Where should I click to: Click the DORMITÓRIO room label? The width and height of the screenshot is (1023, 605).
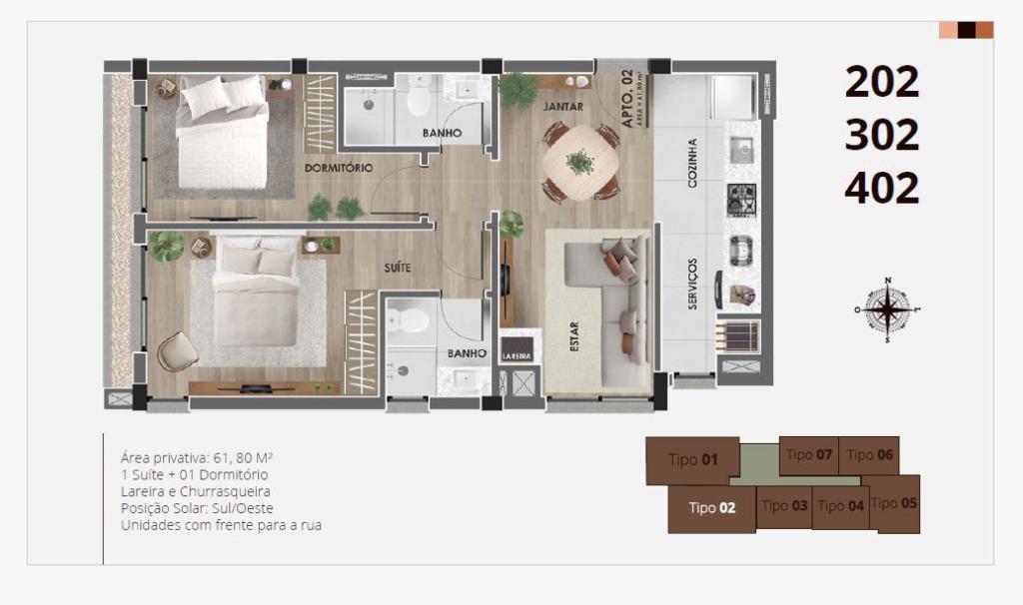(x=339, y=168)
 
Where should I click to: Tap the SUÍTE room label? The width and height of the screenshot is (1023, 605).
(x=398, y=268)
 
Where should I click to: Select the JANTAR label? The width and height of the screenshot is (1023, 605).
(x=563, y=106)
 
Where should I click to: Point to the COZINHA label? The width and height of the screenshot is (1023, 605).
(x=692, y=163)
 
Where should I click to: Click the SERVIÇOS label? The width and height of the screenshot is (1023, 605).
(x=692, y=284)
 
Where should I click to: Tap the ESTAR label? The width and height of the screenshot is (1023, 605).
(x=574, y=337)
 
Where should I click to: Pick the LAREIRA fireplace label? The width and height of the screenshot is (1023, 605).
(x=516, y=354)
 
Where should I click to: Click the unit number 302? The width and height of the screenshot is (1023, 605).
(x=881, y=135)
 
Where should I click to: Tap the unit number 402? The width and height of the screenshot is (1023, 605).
(x=881, y=188)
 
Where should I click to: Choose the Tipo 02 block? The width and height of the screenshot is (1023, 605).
(x=711, y=508)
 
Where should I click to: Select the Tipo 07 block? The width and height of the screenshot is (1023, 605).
(x=808, y=455)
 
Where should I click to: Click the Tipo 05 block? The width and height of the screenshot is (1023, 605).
(x=894, y=503)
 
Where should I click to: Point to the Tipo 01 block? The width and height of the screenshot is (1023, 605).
(x=693, y=460)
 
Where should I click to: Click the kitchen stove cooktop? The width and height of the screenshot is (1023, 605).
(x=740, y=200)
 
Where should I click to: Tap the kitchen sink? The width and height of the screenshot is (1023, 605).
(x=740, y=150)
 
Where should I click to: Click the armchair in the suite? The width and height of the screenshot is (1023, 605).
(x=176, y=349)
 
